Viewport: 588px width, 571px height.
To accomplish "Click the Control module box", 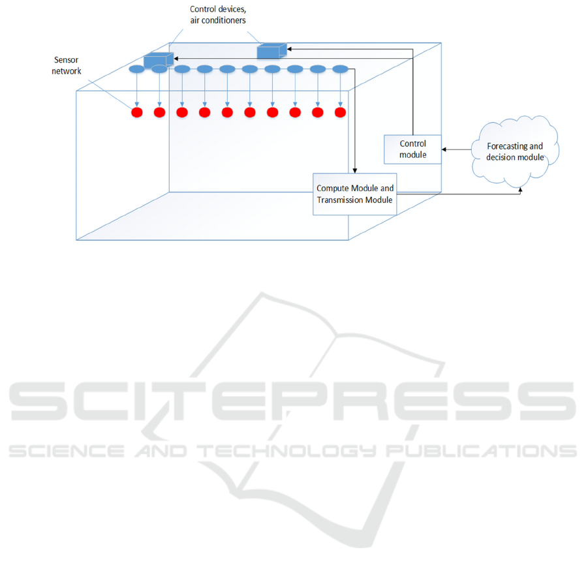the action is coord(412,149).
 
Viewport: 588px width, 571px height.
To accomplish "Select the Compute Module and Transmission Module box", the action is coord(355,194).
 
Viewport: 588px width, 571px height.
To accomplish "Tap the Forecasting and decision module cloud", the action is coord(515,151).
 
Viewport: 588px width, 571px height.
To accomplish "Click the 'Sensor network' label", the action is coord(67,66).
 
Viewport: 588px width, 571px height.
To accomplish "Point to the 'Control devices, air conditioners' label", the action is coord(218,14).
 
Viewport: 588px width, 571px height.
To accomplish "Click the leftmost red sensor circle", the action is coord(137,112).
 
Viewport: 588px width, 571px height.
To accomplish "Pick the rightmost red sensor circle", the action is coord(340,112).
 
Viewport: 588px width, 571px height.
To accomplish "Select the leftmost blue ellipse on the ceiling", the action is coord(137,69).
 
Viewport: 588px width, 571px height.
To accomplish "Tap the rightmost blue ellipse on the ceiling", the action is coord(340,69).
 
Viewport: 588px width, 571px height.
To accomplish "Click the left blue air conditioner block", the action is coord(159,60).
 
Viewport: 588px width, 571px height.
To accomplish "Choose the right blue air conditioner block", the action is coord(272,51).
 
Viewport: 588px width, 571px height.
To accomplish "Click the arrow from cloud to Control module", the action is coord(456,149).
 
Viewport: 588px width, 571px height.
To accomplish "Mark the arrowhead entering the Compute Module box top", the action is coord(355,171).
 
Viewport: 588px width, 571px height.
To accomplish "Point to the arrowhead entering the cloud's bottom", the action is coord(520,189).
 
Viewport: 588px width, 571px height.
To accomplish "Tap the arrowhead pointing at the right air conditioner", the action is coord(289,49).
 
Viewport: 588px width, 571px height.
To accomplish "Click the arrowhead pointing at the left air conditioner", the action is coord(176,59).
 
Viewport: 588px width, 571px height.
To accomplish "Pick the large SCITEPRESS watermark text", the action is coord(292,401).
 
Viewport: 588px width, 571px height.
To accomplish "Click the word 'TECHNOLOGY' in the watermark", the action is coord(286,451).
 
